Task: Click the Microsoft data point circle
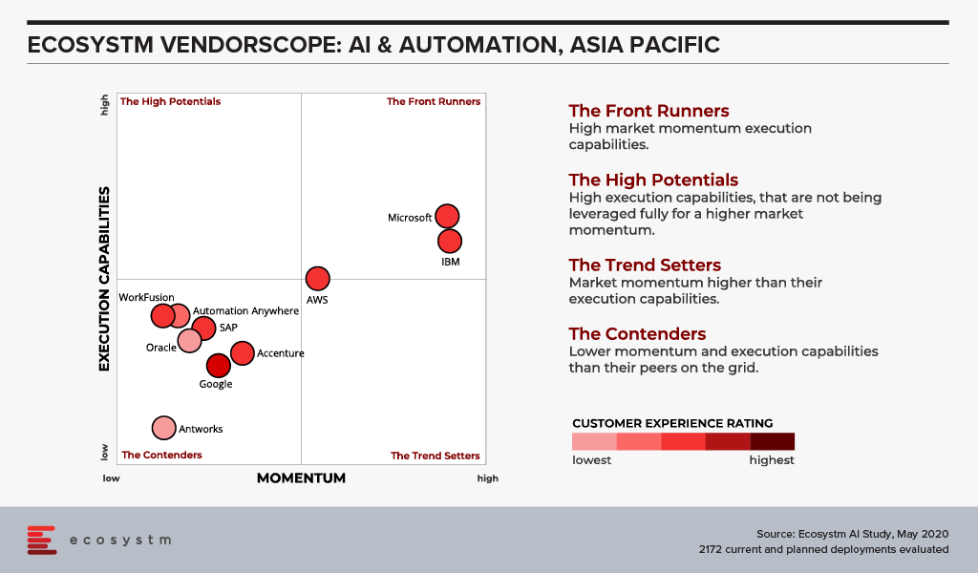pos(447,217)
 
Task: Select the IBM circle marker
pos(450,242)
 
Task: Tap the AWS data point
pos(317,279)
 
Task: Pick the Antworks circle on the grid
pos(164,429)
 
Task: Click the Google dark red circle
pos(219,366)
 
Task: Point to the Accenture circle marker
pos(243,353)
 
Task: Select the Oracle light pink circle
pos(190,341)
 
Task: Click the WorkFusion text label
pos(146,297)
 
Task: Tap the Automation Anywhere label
pos(245,310)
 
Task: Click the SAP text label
pos(228,328)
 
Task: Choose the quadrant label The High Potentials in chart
pos(170,101)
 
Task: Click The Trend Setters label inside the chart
pos(436,456)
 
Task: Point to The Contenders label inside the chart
pos(161,456)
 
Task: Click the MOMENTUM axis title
pos(301,478)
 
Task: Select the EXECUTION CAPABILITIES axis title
pos(104,279)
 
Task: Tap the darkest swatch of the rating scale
pos(772,441)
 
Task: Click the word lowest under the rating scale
pos(592,460)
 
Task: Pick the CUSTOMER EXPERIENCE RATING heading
pos(672,423)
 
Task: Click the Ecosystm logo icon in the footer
pos(42,540)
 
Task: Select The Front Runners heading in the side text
pos(648,111)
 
